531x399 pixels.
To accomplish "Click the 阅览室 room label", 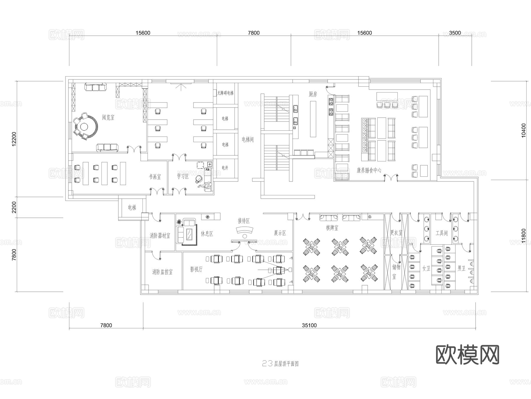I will [108, 117].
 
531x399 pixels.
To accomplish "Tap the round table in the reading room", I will [85, 127].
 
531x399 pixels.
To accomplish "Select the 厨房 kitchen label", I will [313, 94].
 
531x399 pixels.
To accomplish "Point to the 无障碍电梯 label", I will [225, 93].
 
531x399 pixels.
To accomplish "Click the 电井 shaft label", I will [225, 168].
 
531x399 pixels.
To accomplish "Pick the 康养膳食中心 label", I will [369, 170].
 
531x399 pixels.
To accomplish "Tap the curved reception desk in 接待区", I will [245, 230].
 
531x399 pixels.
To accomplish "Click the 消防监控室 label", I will [162, 272].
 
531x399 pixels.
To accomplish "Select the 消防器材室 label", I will [160, 236].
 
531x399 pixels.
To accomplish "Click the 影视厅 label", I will [196, 269].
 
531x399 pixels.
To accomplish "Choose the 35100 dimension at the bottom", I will [309, 325].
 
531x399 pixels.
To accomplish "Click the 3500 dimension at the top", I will [455, 33].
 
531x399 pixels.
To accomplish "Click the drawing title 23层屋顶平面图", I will [280, 364].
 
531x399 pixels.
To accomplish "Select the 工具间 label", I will [442, 233].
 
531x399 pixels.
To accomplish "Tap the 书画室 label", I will [155, 177].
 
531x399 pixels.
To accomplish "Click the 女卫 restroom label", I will [426, 268].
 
